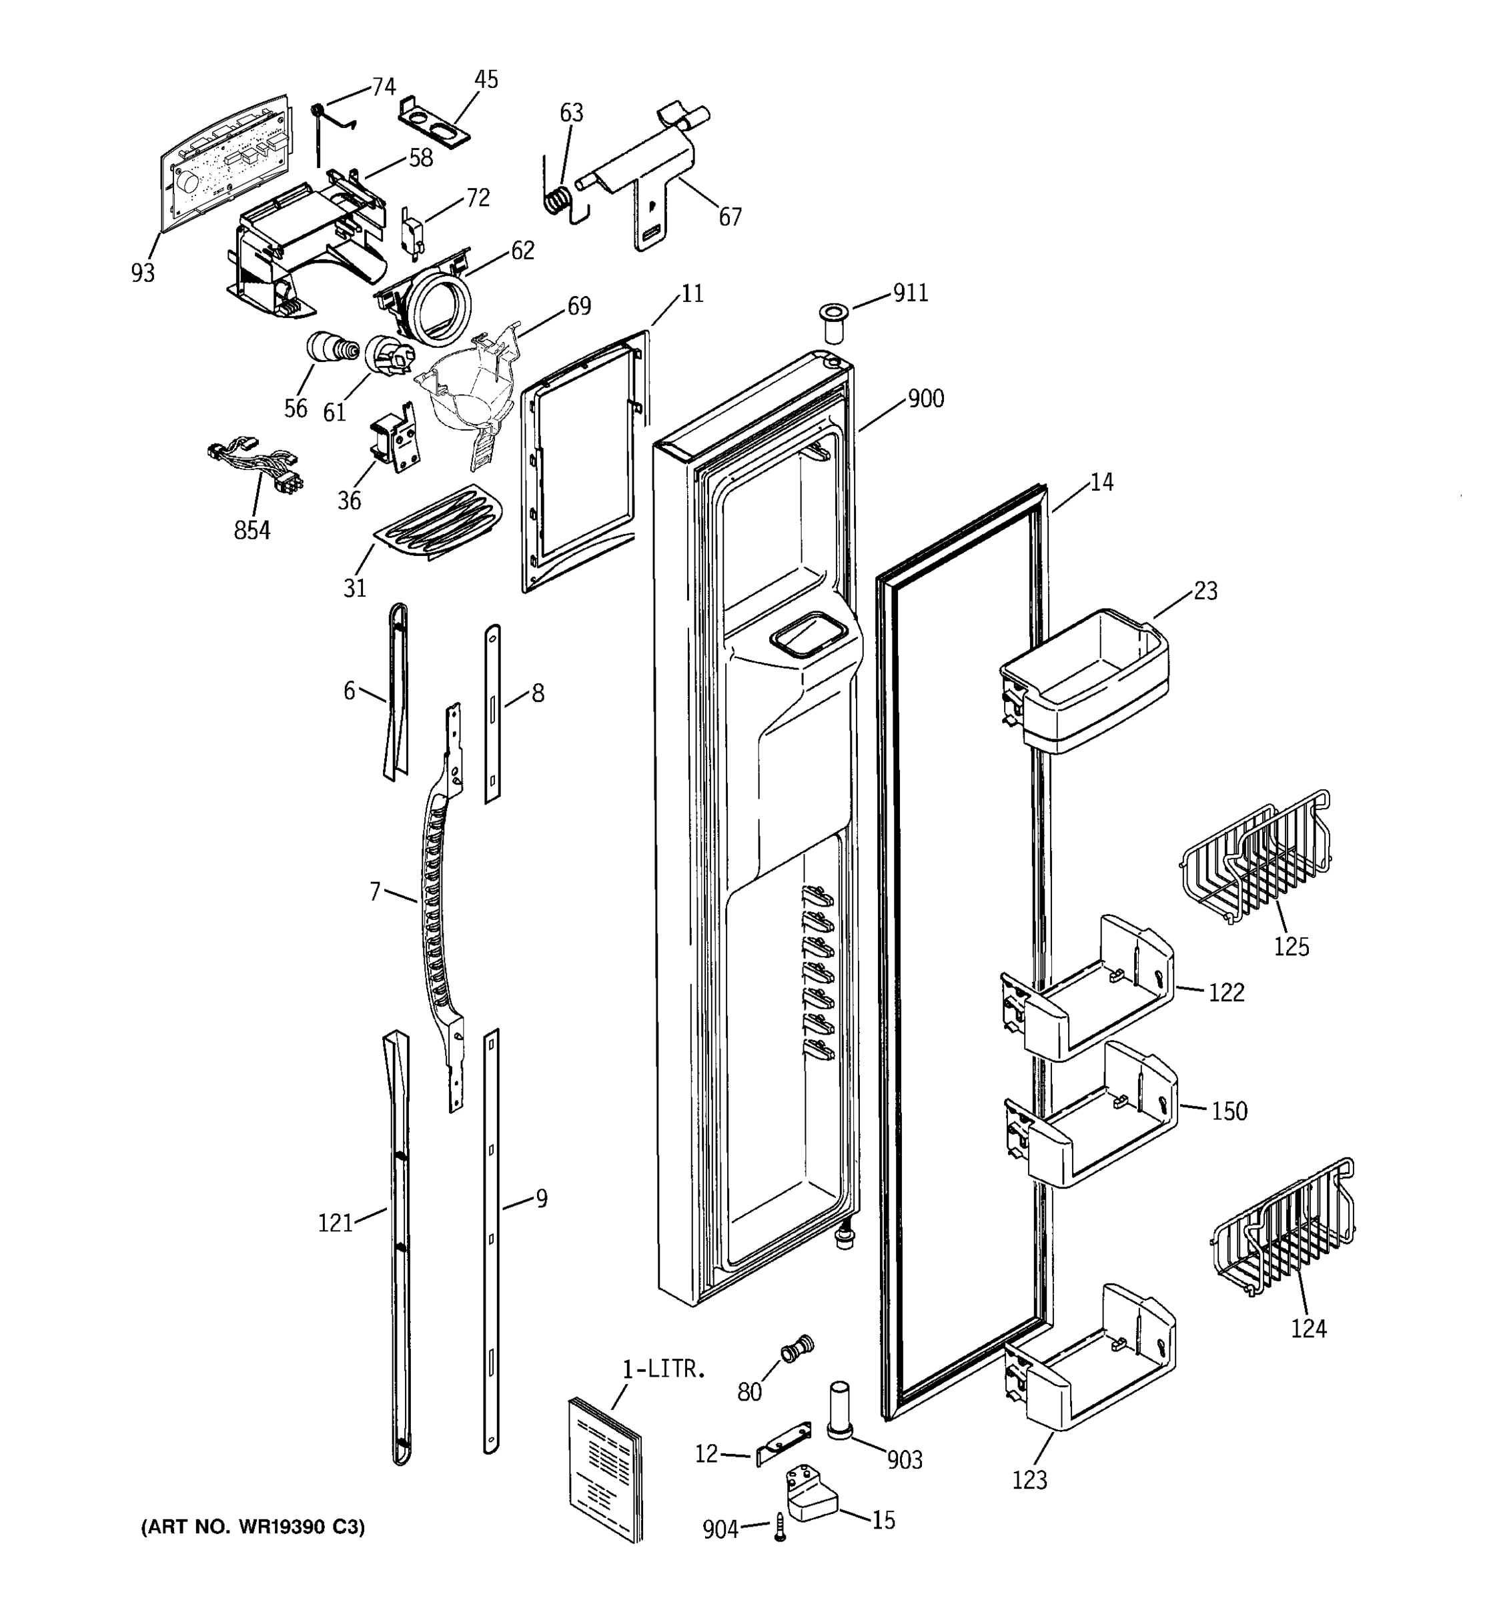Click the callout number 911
[910, 293]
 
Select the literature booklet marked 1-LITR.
[606, 1469]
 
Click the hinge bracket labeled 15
[812, 1495]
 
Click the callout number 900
[925, 399]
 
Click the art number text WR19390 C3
[253, 1527]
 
